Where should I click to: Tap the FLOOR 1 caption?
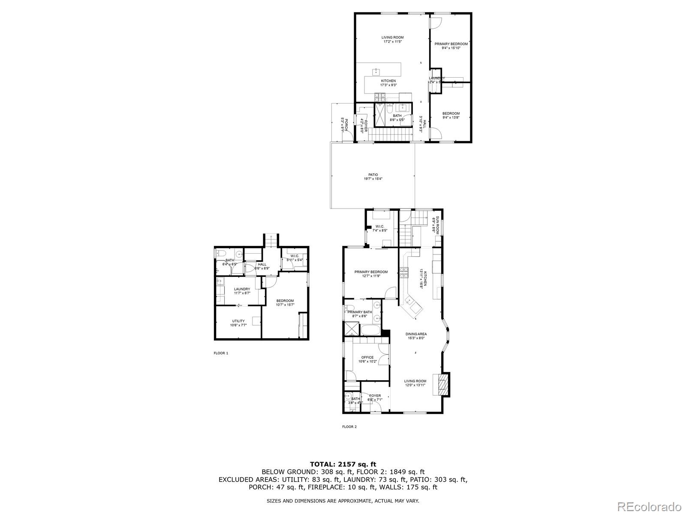221,353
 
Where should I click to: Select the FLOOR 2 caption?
349,427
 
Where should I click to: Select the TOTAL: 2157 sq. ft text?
343,464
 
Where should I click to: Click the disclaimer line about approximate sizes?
343,500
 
